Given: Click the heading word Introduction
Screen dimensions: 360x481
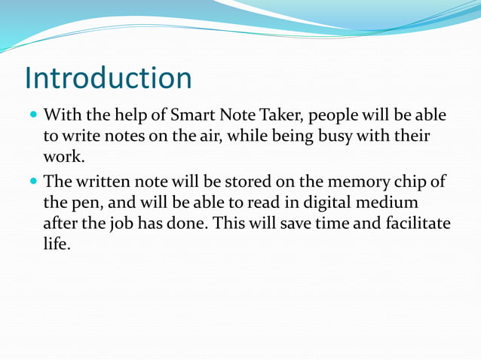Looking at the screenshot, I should point(108,78).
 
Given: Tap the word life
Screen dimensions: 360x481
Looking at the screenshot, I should point(57,245).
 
